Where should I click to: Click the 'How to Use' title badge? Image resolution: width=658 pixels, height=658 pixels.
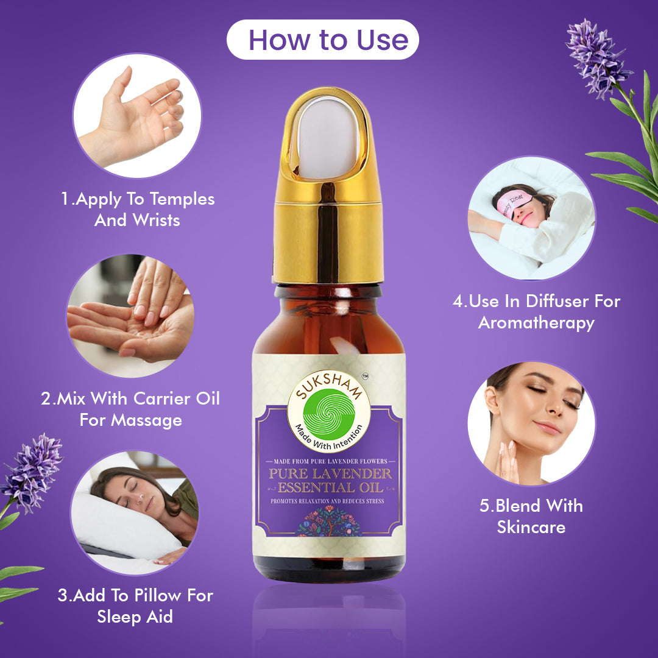[x=323, y=40]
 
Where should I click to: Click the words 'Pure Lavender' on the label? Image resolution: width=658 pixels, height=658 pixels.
[x=330, y=474]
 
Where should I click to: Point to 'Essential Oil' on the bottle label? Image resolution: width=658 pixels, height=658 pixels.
[x=330, y=487]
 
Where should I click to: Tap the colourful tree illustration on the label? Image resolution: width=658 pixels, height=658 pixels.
[x=330, y=521]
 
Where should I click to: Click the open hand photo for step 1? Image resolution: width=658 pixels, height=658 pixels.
[x=137, y=115]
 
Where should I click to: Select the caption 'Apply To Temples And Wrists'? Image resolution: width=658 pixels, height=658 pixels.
[x=138, y=209]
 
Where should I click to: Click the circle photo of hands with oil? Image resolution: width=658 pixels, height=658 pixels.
[x=130, y=316]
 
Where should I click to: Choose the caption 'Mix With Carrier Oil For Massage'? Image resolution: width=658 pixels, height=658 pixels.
[x=130, y=409]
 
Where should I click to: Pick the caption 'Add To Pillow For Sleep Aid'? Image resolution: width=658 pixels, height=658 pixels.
[x=135, y=606]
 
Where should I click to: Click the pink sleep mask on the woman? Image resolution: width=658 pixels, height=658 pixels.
[x=514, y=203]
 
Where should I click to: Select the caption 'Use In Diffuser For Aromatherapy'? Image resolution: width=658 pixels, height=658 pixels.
[x=536, y=312]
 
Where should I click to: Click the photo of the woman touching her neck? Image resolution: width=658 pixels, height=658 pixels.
[x=531, y=423]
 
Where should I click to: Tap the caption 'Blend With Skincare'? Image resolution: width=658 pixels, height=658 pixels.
[x=531, y=516]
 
